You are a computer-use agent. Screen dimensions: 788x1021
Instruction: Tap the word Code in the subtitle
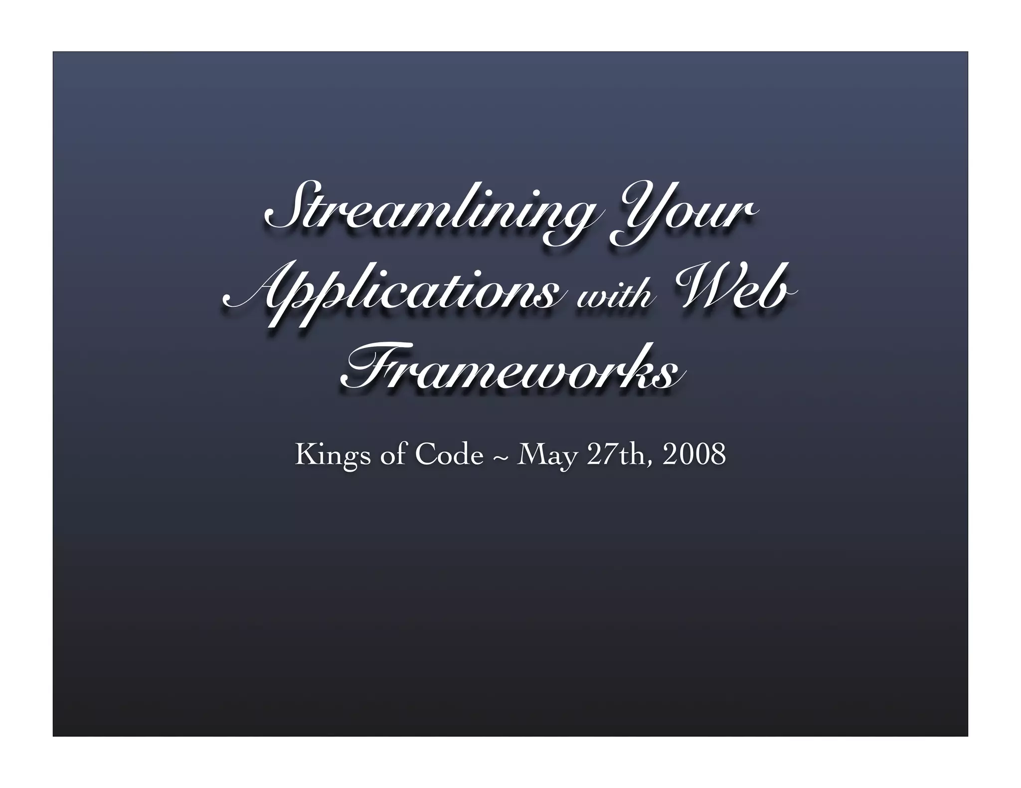[x=449, y=455]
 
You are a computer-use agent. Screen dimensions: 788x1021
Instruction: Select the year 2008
[x=693, y=454]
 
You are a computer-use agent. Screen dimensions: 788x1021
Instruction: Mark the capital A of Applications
[x=249, y=294]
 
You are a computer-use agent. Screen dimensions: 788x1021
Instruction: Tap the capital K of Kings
[x=305, y=454]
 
